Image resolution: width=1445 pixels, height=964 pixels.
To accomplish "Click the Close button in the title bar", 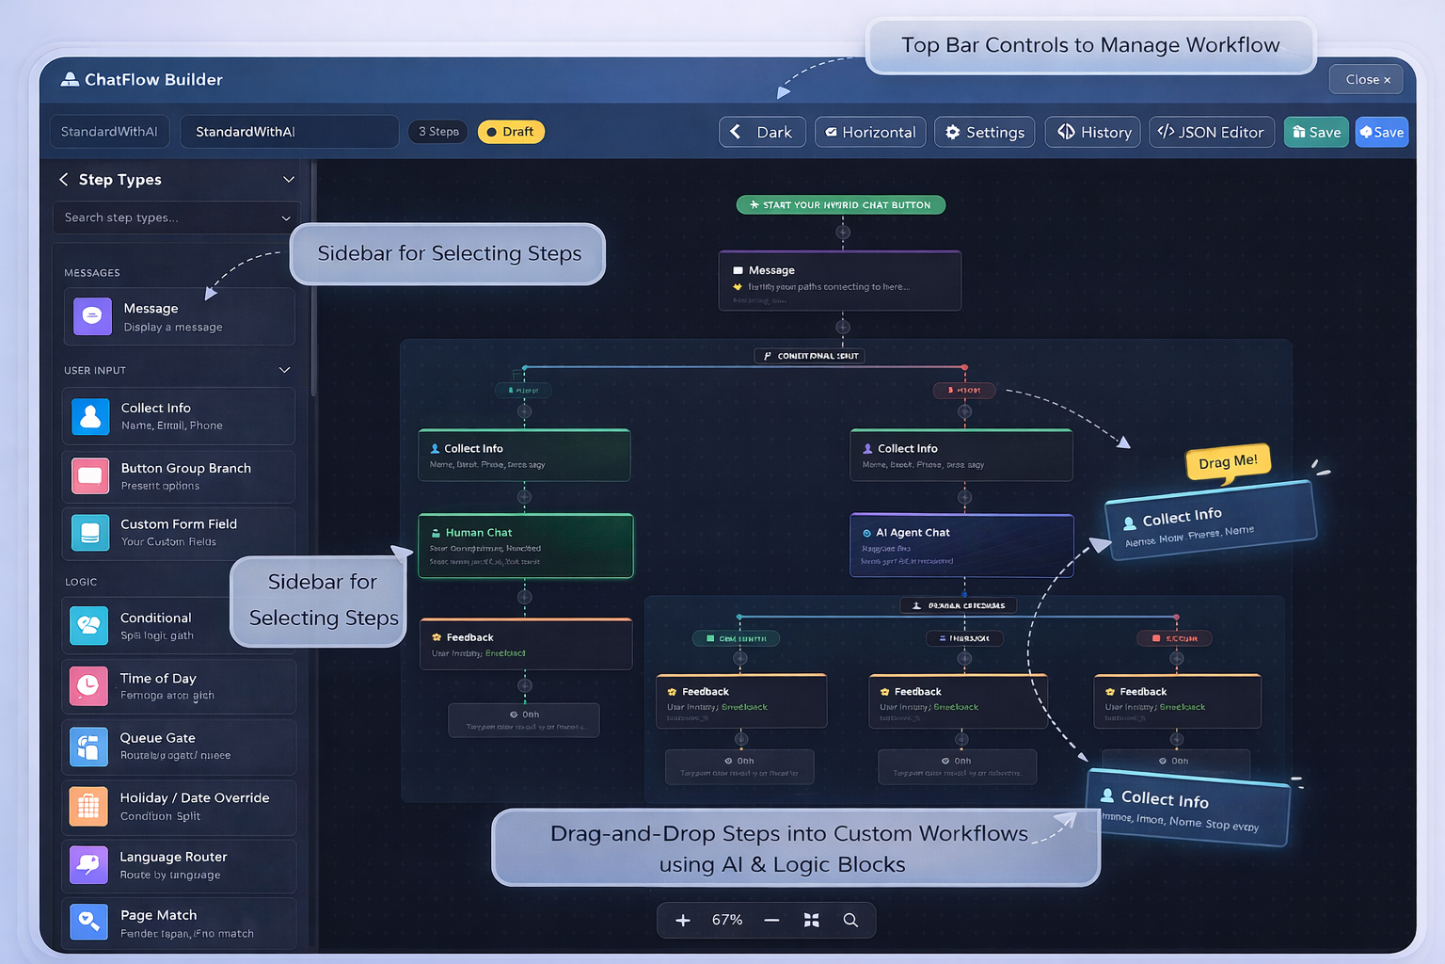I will coord(1366,80).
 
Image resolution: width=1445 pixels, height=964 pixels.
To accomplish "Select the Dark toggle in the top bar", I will coord(762,132).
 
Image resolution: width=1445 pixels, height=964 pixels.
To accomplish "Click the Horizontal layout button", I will coord(870,132).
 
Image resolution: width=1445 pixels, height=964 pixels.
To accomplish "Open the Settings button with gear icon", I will coord(984,132).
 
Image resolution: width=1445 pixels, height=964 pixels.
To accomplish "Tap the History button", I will coord(1093,132).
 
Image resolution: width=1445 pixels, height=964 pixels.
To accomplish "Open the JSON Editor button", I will coord(1212,132).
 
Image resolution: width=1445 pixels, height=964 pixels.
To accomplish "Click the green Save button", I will coord(1316,132).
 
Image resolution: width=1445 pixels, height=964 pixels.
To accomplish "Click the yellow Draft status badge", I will coord(511,132).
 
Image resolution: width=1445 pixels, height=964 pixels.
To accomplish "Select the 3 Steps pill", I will coord(438,132).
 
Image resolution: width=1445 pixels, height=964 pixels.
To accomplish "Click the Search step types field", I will coord(169,217).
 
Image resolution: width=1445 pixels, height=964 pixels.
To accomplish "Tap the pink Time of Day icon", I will coord(88,685).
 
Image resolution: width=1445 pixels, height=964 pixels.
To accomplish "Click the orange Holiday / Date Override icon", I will coord(88,806).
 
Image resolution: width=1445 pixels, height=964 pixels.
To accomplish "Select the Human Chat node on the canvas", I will coord(525,546).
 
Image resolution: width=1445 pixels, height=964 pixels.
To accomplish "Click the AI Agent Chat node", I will coord(961,546).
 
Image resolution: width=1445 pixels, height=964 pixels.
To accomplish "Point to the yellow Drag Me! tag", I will coord(1228,461).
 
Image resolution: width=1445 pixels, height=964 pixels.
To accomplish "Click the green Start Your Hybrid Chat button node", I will coord(841,204).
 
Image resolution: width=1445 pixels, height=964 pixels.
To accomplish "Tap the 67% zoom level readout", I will coord(727,920).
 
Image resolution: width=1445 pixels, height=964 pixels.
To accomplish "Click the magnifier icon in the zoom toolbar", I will coord(850,920).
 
